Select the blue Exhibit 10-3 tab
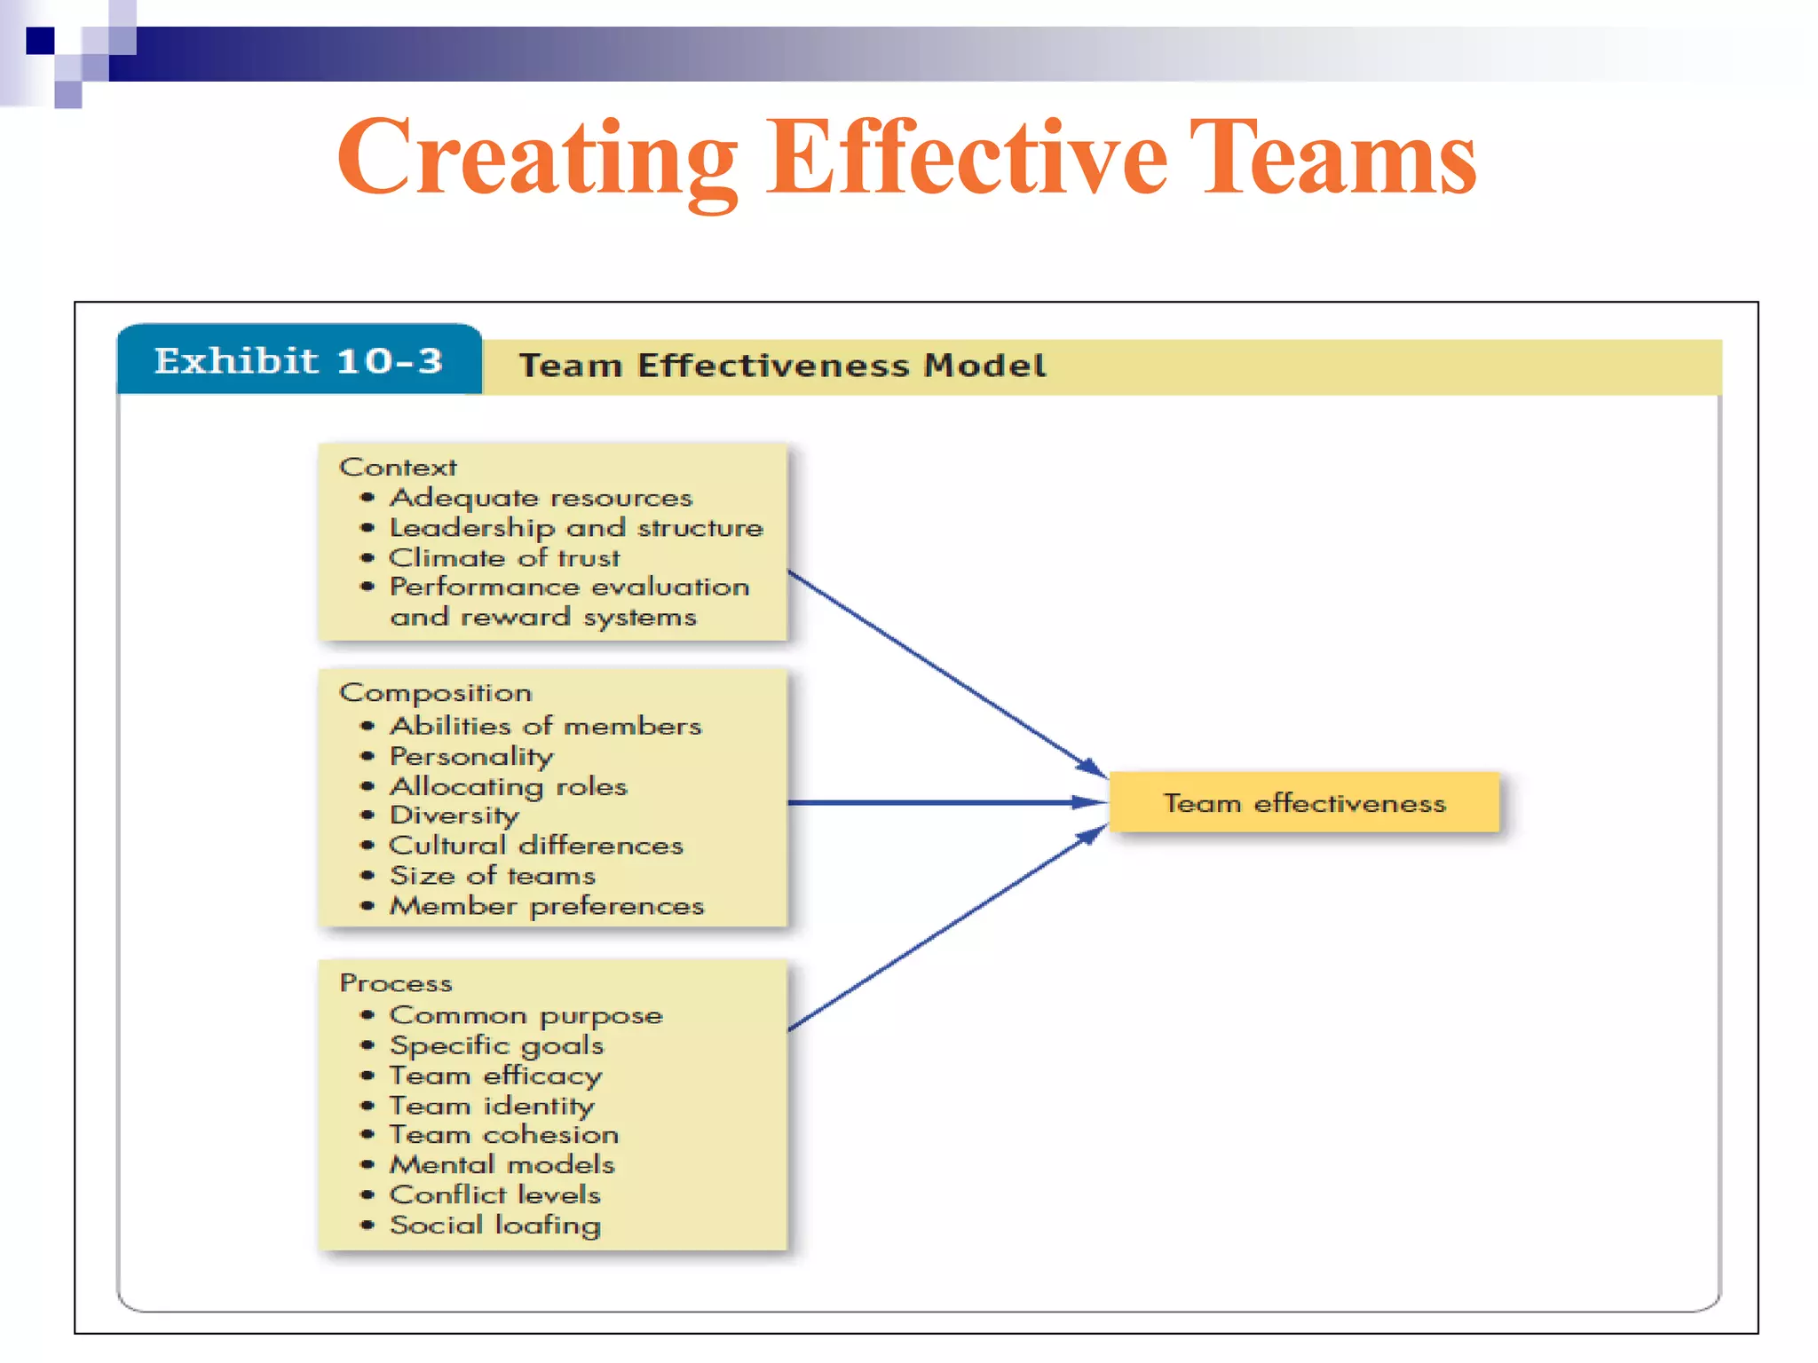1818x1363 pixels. coord(299,361)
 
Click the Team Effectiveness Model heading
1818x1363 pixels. coord(782,366)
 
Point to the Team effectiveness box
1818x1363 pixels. coord(1304,803)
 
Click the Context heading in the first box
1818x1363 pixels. coord(398,468)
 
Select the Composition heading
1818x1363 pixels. coord(435,693)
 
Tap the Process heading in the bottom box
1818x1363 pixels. coord(396,983)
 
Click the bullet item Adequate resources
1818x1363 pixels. coord(541,498)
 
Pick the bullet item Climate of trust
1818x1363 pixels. coord(504,558)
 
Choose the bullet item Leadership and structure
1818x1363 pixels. coord(576,528)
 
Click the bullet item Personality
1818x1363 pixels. coord(471,756)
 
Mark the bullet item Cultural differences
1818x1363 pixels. coord(536,846)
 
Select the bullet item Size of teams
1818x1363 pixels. coord(493,876)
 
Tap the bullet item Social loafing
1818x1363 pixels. coord(495,1225)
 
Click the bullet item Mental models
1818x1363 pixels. coord(502,1165)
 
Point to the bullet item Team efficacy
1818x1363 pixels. coord(495,1075)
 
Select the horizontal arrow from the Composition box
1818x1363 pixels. coord(945,803)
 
